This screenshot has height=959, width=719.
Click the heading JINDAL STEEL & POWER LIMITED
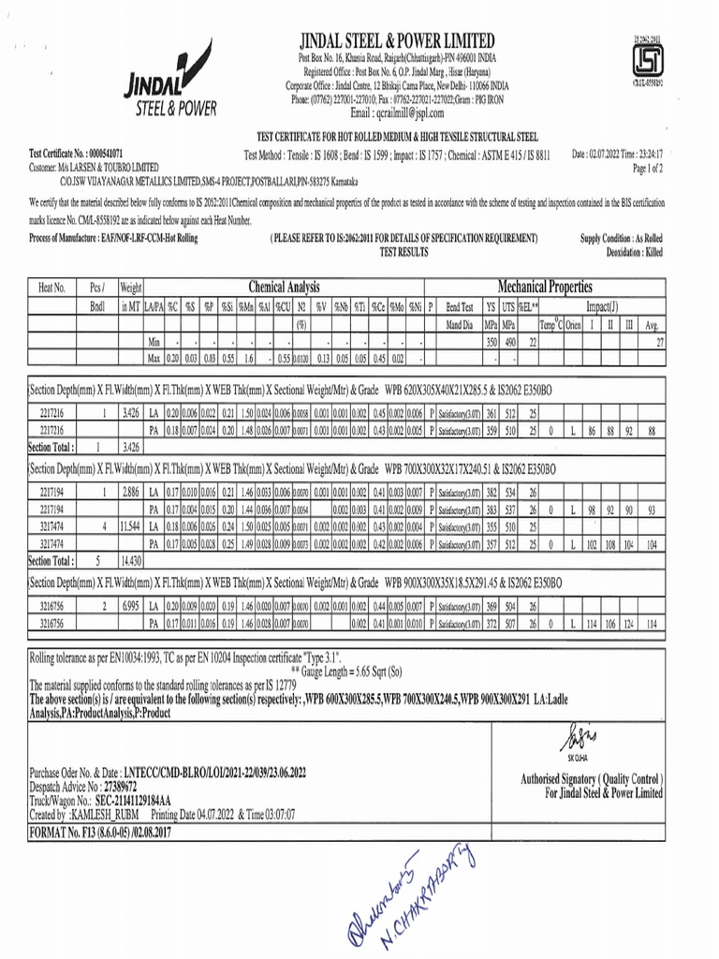click(397, 40)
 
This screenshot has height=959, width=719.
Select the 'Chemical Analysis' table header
click(284, 287)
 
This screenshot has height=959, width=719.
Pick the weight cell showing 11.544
click(131, 528)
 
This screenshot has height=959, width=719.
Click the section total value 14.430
click(131, 560)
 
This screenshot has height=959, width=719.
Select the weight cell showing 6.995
click(131, 607)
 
